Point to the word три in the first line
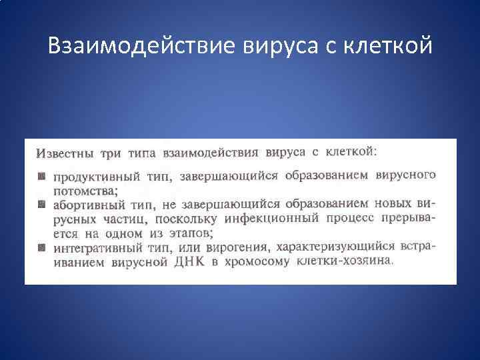click(110, 154)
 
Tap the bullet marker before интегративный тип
click(41, 247)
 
